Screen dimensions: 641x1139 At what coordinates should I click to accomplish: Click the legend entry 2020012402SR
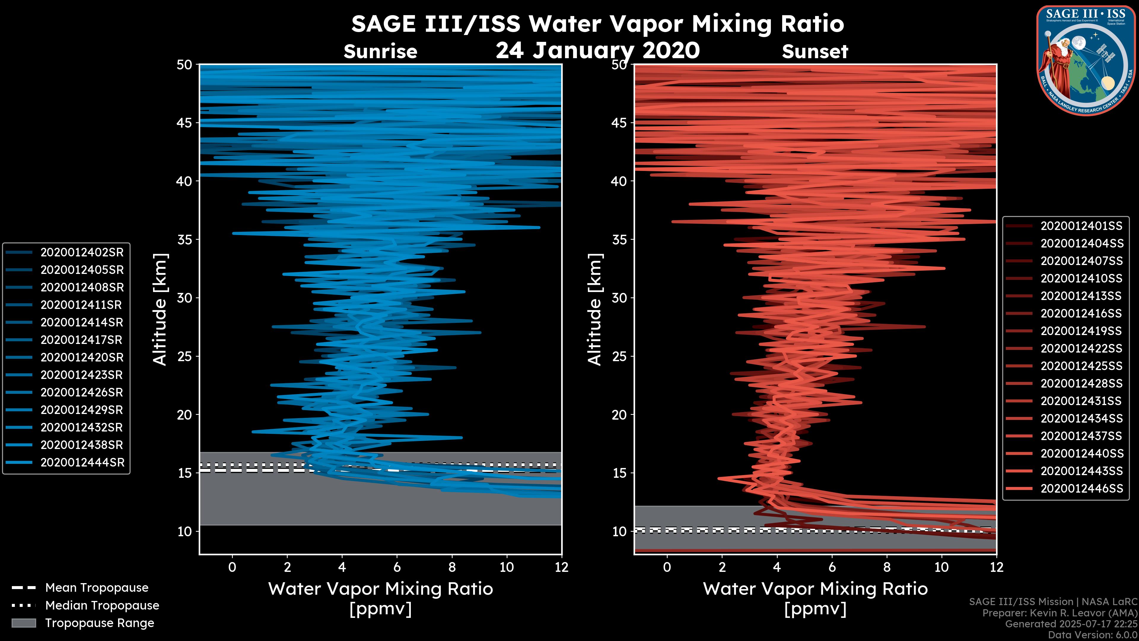tap(82, 252)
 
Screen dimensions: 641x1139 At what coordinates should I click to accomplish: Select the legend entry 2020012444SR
tap(82, 462)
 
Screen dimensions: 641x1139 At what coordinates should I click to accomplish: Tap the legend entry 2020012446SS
tap(1081, 488)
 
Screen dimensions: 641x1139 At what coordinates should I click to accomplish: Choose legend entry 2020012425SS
tap(1081, 366)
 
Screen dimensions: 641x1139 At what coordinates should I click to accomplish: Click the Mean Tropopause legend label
tap(96, 588)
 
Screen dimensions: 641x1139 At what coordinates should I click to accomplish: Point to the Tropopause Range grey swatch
tap(24, 623)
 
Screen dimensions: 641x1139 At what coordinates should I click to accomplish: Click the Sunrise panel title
tap(380, 51)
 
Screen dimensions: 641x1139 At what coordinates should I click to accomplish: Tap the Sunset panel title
tap(815, 51)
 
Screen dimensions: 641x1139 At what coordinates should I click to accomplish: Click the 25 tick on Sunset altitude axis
tap(620, 356)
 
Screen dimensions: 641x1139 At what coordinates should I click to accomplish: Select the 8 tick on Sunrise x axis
tap(452, 567)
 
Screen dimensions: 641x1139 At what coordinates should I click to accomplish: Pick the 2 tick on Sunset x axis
tap(722, 567)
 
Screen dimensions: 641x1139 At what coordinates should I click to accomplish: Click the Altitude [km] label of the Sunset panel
tap(595, 310)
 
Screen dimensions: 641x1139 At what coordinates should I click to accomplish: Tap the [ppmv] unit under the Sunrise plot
tap(380, 609)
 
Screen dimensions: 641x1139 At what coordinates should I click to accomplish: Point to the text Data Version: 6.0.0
tap(1092, 635)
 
